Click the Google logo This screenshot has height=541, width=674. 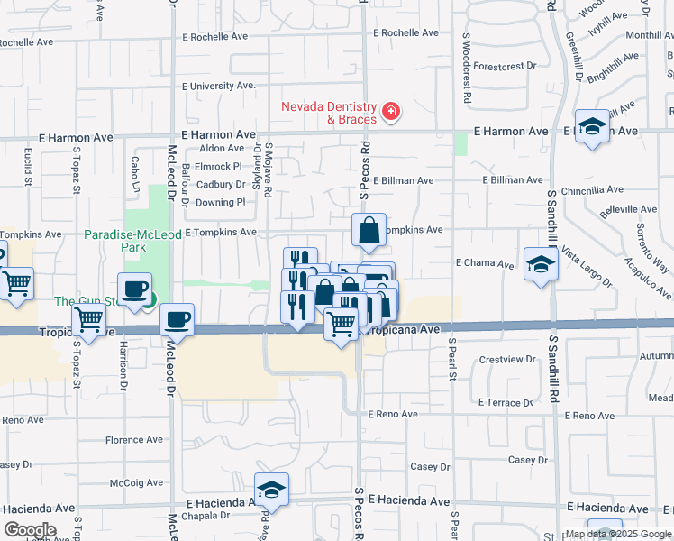point(30,529)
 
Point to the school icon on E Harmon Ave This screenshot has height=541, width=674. point(592,127)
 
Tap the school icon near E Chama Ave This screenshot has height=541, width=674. point(540,264)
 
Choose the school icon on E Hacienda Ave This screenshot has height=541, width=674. point(271,490)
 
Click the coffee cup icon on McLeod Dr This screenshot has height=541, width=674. point(177,319)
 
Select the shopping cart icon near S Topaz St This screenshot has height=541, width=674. point(88,318)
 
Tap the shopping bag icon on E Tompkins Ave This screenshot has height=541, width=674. point(369,231)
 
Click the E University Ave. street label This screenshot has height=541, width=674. point(219,86)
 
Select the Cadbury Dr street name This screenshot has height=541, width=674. point(221,184)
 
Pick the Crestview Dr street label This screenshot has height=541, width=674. point(507,359)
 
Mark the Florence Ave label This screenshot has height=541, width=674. point(134,440)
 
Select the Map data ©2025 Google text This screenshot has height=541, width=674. point(617,534)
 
